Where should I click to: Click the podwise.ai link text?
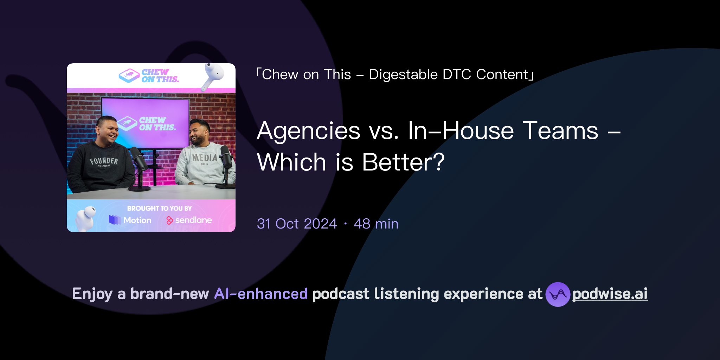[610, 294]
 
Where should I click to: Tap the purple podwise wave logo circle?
[558, 294]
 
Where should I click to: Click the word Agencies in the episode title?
[308, 131]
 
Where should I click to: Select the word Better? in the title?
[403, 162]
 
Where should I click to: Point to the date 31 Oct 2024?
[297, 224]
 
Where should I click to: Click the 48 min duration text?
[376, 224]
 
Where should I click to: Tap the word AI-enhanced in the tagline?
[261, 294]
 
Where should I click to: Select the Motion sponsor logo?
[130, 220]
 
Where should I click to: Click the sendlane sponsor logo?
[189, 220]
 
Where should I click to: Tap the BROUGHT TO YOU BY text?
[159, 208]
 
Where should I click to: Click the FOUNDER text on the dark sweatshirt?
[104, 161]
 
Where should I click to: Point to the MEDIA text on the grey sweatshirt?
[205, 158]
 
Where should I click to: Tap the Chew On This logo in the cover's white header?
[149, 76]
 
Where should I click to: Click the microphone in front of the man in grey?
[226, 157]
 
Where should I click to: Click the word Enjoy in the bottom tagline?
[92, 294]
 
